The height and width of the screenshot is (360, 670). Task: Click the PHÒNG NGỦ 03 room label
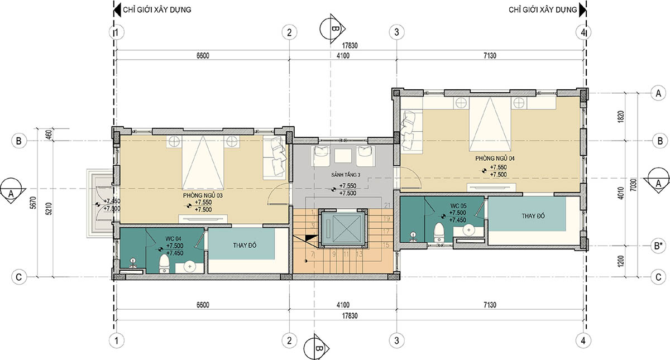203,195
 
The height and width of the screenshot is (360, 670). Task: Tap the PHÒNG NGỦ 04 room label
495,159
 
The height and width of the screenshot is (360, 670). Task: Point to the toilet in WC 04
164,263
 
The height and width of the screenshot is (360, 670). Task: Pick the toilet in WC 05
439,232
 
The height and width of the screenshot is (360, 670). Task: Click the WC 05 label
458,206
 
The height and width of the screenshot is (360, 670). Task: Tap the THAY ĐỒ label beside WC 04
245,246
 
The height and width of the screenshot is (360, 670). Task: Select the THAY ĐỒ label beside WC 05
533,216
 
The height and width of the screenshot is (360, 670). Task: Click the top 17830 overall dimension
350,46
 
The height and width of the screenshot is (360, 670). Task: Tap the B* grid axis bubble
658,246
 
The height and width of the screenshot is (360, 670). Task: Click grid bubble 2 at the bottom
289,340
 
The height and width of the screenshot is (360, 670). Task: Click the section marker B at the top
333,28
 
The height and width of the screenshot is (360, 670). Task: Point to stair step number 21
387,205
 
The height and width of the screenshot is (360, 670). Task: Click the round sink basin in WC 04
189,266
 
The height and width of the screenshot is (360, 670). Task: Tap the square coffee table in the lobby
343,156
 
